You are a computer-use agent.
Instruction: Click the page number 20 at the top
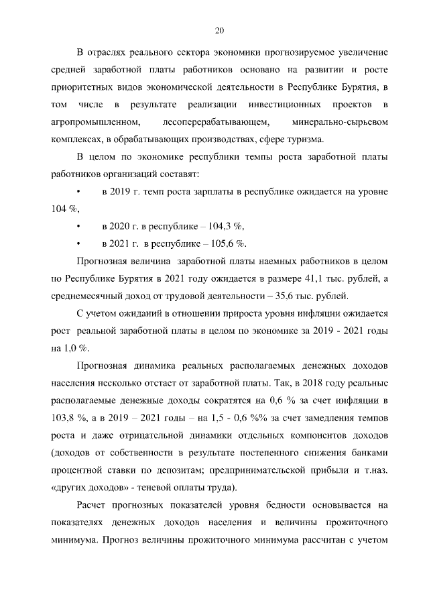[219, 30]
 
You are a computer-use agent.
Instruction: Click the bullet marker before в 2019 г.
[79, 192]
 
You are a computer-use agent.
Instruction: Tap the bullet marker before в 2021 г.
[79, 243]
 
